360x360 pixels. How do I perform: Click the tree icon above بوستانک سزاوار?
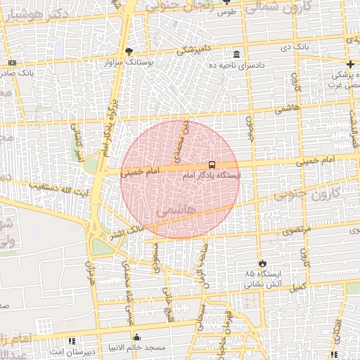[129, 51]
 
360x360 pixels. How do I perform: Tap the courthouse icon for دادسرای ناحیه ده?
[236, 54]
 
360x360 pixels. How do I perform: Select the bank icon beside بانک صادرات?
[11, 63]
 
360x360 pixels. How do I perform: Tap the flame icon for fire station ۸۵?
[262, 263]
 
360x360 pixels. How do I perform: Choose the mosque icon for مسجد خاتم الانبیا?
[137, 337]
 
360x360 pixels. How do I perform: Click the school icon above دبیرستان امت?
[72, 341]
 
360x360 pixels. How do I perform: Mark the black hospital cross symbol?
[350, 64]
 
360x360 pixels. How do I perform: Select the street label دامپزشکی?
[191, 49]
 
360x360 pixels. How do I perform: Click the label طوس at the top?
[226, 12]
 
